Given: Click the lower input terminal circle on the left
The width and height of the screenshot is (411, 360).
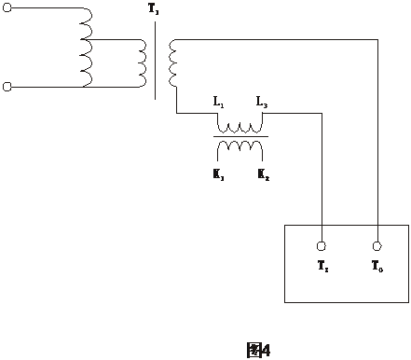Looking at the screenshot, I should (x=7, y=87).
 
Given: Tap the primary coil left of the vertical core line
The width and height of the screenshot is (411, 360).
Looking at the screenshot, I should (x=142, y=63).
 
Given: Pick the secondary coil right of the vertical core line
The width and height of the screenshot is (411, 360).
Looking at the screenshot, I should (x=171, y=63).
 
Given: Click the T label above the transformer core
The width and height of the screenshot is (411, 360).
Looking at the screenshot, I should (x=154, y=10).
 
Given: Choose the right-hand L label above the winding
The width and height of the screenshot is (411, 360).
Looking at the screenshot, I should (x=263, y=101).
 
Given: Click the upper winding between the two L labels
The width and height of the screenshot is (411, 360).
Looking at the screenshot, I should (x=241, y=125).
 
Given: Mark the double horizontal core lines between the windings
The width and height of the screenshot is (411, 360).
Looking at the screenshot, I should (x=241, y=136).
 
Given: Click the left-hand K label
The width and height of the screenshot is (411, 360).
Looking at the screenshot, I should (x=218, y=173).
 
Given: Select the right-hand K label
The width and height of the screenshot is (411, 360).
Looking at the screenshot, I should (x=264, y=173).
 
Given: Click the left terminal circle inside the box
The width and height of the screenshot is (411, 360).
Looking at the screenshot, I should (x=322, y=246).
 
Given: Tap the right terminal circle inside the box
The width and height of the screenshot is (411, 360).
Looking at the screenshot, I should (x=378, y=246).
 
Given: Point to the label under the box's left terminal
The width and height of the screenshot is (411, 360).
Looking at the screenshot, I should (x=322, y=268).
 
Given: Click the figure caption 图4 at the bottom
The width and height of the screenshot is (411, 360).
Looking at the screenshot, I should (x=258, y=351).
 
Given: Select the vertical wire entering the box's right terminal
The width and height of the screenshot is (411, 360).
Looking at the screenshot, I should (x=378, y=140).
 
